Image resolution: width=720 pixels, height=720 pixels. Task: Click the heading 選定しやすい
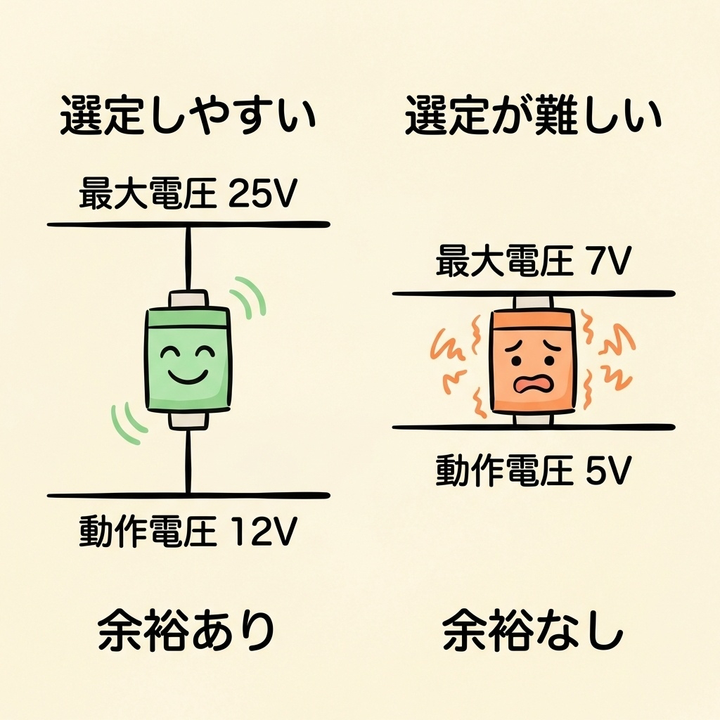click(188, 117)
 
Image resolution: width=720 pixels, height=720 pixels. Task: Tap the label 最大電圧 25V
click(188, 194)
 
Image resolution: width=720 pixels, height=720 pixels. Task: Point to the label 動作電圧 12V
click(188, 532)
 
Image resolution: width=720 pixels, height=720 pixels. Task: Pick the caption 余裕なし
click(534, 630)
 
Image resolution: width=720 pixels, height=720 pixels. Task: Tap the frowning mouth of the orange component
click(532, 384)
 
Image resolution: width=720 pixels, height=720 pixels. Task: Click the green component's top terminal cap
click(188, 299)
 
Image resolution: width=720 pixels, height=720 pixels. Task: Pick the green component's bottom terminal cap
click(188, 420)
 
